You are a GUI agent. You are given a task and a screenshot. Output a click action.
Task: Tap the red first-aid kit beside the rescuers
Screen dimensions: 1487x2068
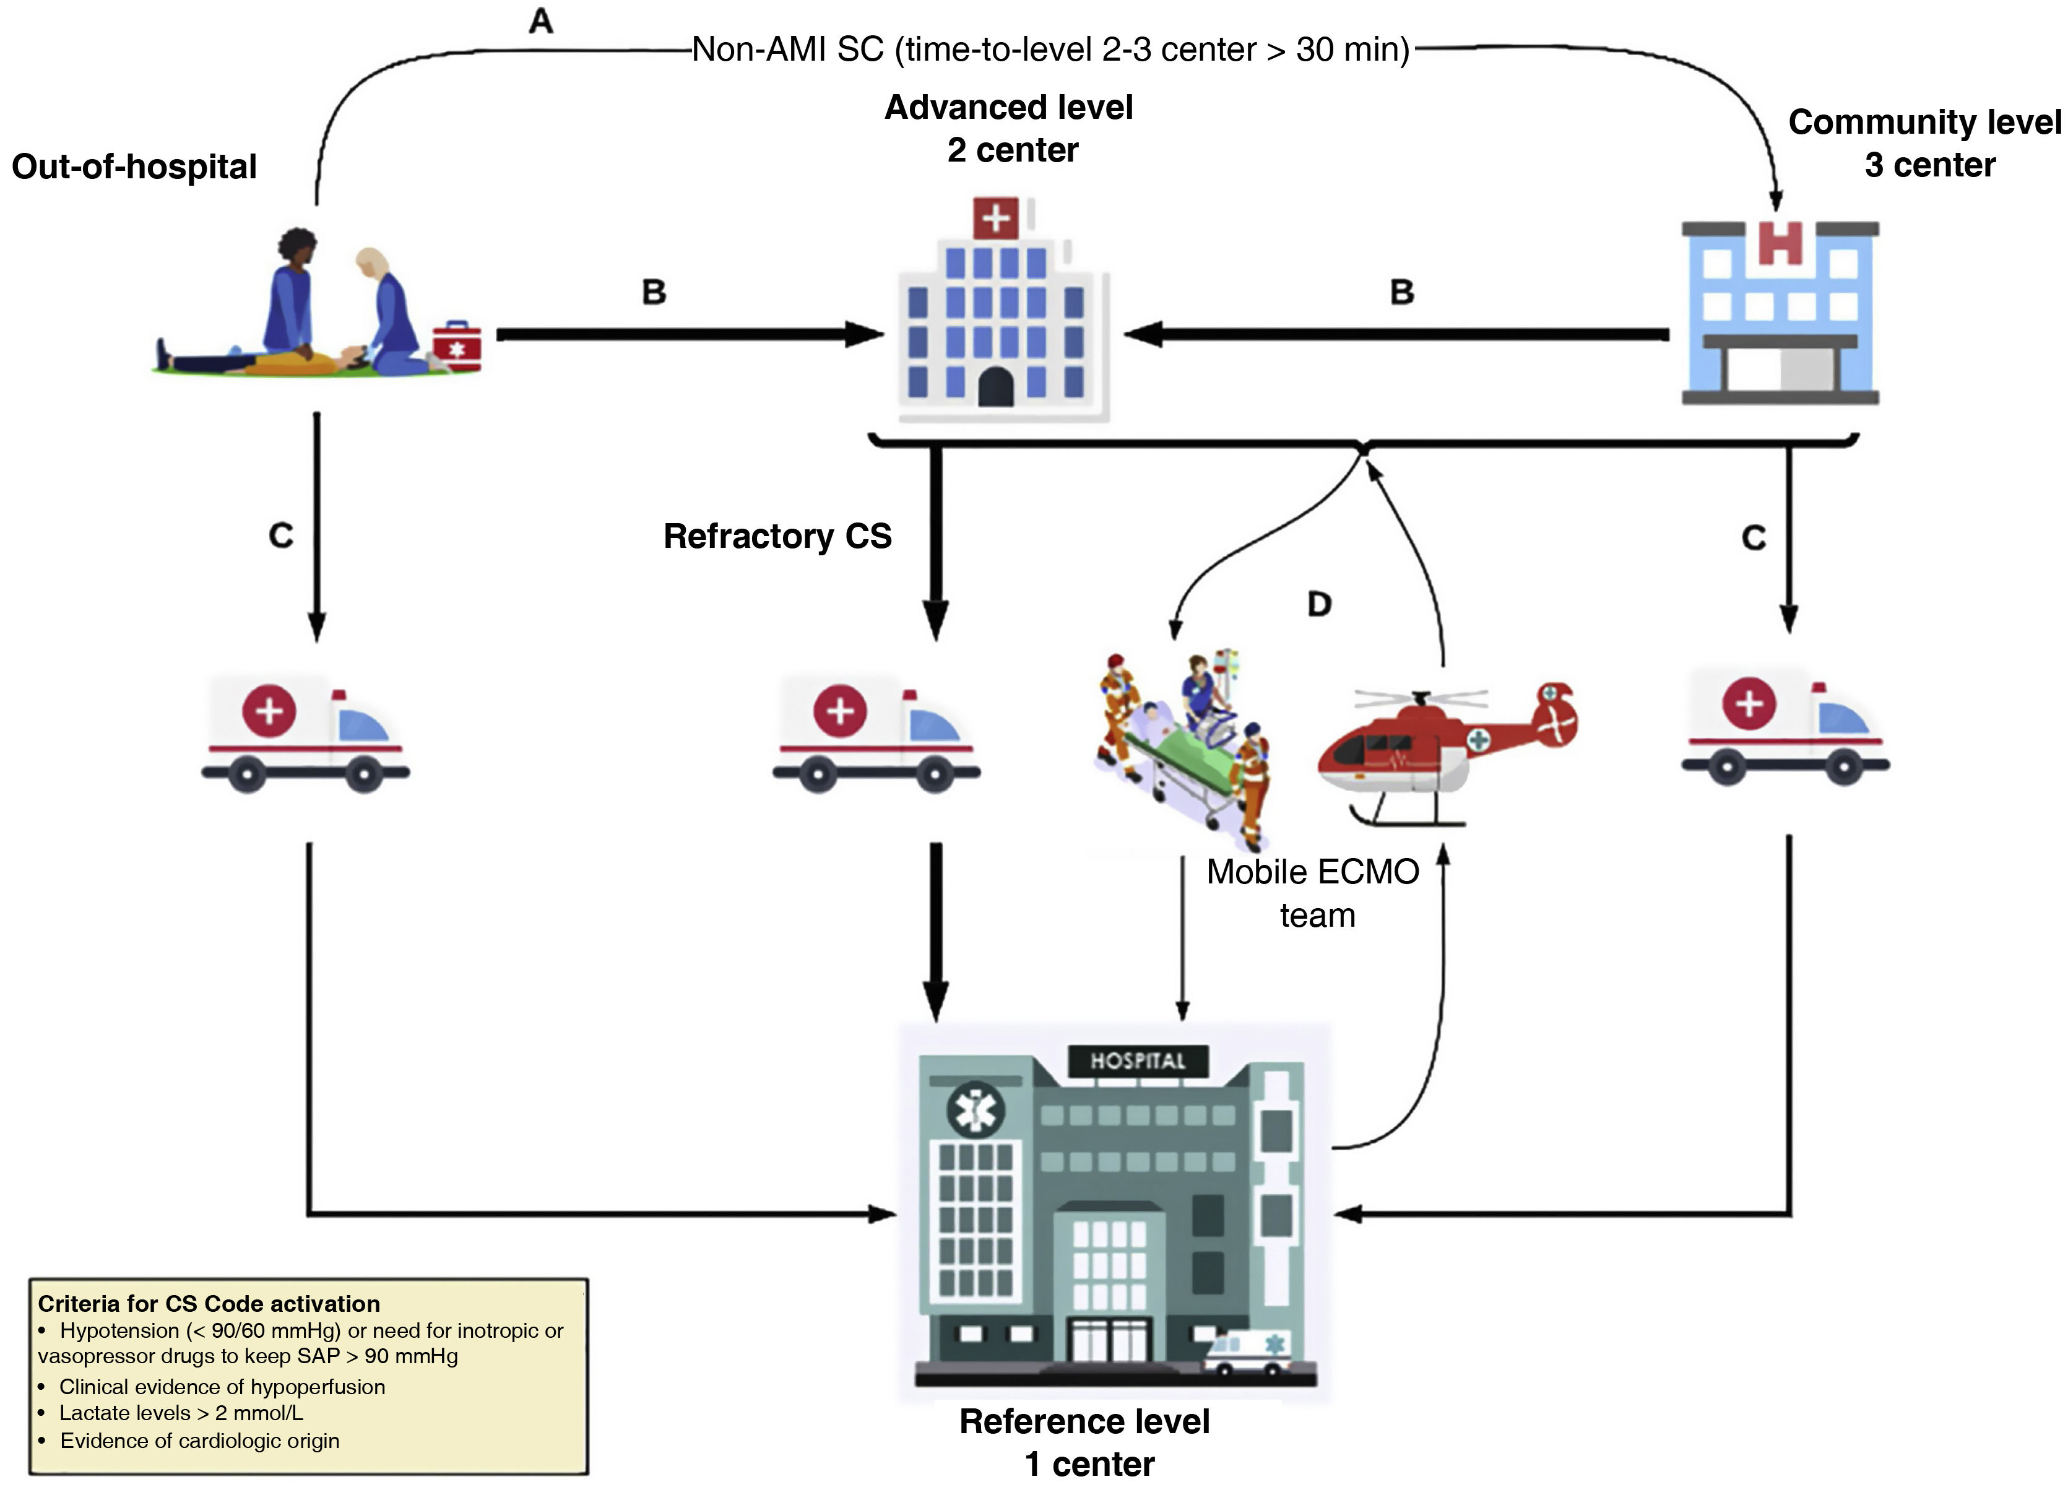pos(457,347)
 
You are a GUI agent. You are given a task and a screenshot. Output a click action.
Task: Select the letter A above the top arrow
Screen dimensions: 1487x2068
pos(541,20)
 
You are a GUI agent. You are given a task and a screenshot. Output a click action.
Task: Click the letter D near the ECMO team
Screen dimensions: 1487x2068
pos(1320,604)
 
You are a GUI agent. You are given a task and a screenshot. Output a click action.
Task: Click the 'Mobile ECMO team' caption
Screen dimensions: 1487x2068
pos(1313,893)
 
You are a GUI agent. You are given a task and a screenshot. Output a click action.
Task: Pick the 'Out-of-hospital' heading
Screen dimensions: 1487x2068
pos(134,167)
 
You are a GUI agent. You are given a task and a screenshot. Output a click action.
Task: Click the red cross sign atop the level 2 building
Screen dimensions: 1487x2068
pos(996,219)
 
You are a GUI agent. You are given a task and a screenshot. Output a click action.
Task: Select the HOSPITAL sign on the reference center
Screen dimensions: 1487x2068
pos(1138,1061)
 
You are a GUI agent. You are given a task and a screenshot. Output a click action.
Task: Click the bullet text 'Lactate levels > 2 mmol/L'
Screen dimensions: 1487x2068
pos(181,1413)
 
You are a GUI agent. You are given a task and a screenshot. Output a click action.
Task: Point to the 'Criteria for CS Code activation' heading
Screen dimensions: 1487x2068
pos(209,1304)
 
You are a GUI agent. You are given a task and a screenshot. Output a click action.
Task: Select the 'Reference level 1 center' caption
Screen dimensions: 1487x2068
pos(1085,1442)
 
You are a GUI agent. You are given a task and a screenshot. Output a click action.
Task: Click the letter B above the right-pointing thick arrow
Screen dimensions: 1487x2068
pos(654,292)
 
